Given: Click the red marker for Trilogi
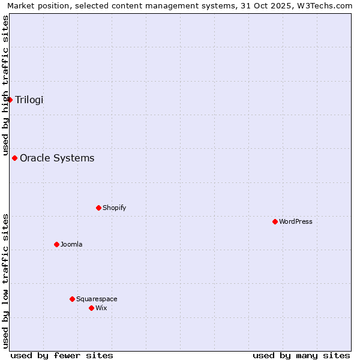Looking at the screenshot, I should (x=10, y=100).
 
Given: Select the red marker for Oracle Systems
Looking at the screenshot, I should (x=15, y=158).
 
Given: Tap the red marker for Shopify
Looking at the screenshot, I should (x=99, y=208).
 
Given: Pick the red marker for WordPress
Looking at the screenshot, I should (x=275, y=222).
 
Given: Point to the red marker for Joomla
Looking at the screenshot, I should (x=57, y=245).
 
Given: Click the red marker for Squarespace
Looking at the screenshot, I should (x=73, y=299).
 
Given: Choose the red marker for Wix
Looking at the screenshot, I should (x=92, y=308).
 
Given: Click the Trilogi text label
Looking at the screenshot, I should (x=29, y=100).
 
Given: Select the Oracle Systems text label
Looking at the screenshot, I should (x=57, y=158).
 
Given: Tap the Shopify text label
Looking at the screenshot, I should (x=114, y=208).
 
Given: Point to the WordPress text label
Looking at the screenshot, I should (x=296, y=222).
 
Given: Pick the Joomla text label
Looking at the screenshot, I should (x=71, y=245).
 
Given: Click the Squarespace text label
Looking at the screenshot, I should (x=97, y=299).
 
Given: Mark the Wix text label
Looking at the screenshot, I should (x=101, y=308).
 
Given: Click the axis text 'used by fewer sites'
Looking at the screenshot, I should (x=62, y=355).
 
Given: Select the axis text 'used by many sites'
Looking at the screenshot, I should (x=301, y=355).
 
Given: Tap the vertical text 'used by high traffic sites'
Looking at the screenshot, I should (x=5, y=85).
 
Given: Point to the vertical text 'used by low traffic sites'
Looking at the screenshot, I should (x=5, y=281).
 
